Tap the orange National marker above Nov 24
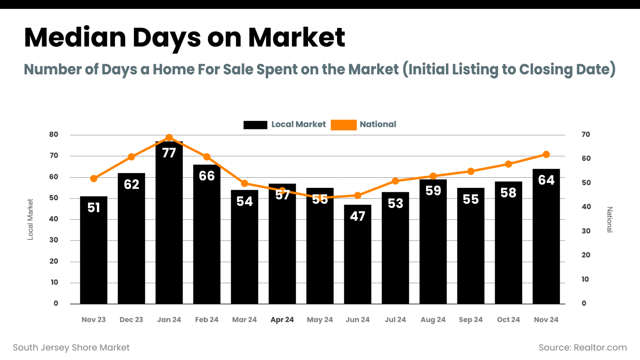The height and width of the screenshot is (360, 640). (x=546, y=154)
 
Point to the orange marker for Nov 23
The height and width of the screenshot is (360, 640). (x=94, y=178)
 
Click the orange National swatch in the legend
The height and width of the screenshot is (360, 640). (x=343, y=125)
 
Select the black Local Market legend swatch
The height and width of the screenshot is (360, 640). (x=255, y=125)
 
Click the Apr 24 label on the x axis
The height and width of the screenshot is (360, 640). (x=282, y=319)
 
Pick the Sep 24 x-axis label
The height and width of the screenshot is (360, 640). (x=471, y=319)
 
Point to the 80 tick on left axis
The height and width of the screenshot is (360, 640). (x=54, y=134)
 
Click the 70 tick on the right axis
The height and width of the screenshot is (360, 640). (x=586, y=134)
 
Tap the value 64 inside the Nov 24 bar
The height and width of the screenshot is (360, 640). (x=546, y=180)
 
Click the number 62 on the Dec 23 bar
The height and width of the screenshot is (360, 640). (x=132, y=184)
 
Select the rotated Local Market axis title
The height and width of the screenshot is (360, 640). (x=30, y=219)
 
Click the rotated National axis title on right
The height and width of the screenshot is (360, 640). (x=609, y=219)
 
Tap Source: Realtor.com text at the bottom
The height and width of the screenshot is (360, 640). (x=582, y=347)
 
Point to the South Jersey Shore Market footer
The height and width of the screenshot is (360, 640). (x=71, y=347)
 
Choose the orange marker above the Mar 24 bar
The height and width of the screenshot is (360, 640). (x=245, y=183)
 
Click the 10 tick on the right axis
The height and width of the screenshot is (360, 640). (x=585, y=279)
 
